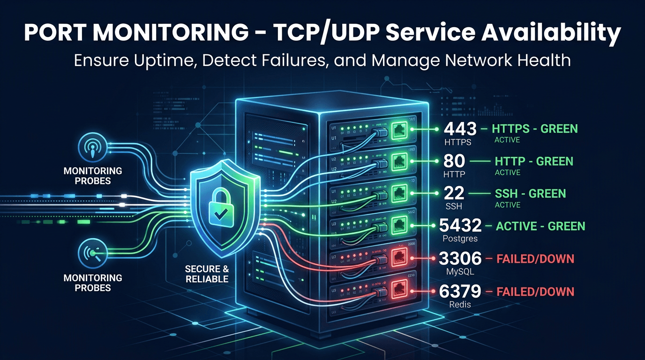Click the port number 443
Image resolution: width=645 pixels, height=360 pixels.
coord(460,128)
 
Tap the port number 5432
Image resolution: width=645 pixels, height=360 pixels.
coord(460,226)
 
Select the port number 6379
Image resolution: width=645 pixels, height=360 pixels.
coord(460,292)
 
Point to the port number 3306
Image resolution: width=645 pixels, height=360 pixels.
coord(460,259)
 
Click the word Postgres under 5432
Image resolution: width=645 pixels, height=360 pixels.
coord(460,239)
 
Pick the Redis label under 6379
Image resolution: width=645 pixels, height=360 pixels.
coord(460,304)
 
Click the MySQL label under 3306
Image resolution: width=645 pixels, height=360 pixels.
coord(460,271)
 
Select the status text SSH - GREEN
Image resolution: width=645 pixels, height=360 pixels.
coord(530,194)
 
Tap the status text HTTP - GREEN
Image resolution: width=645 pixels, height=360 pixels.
coord(534,161)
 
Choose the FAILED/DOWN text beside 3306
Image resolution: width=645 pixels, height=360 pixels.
coord(535,259)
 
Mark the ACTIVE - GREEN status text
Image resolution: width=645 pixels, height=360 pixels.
coord(540,226)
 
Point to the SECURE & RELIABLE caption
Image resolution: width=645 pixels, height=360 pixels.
coord(207,274)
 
